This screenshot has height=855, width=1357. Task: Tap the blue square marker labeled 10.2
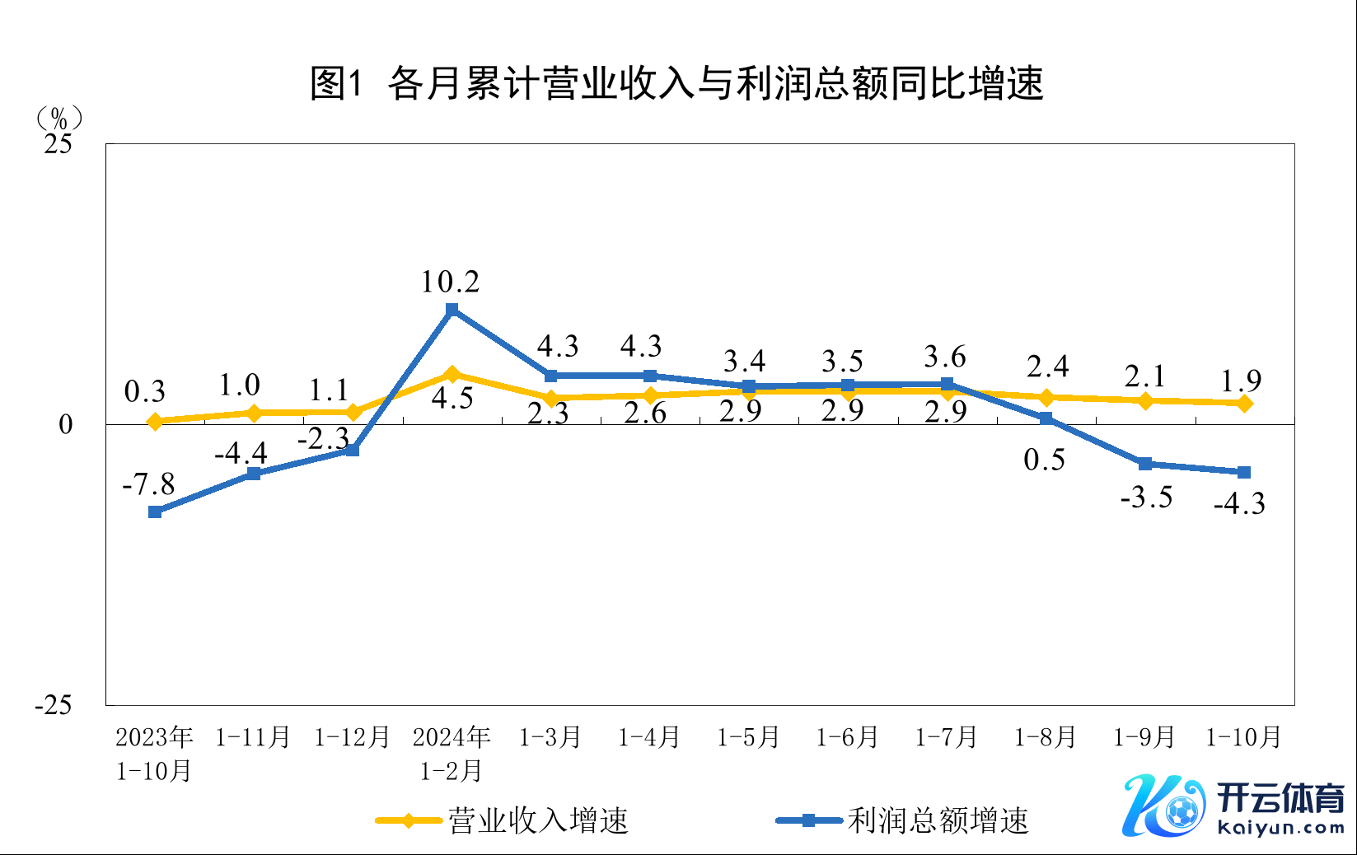(452, 310)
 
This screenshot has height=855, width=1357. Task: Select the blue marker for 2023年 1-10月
(155, 512)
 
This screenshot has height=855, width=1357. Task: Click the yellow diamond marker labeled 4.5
(452, 374)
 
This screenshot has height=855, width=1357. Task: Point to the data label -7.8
(148, 484)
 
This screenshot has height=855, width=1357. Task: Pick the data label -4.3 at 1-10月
(1239, 503)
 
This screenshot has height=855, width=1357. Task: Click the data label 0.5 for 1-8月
(1044, 460)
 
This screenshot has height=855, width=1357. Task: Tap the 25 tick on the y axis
(58, 144)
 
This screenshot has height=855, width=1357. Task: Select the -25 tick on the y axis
(54, 705)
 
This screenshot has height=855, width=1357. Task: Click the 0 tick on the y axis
(66, 425)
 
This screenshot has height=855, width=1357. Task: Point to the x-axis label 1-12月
(352, 737)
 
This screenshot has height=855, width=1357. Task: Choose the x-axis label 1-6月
(847, 737)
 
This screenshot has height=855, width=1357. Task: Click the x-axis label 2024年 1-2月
(452, 754)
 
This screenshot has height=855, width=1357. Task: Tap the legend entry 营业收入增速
(503, 820)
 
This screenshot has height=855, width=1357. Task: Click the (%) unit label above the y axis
(58, 119)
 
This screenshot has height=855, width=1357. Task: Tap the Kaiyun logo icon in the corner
(1163, 806)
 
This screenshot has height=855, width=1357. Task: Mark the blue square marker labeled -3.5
(1144, 464)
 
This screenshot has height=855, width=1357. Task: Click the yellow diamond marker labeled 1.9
(1244, 403)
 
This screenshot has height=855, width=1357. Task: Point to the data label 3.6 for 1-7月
(944, 357)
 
